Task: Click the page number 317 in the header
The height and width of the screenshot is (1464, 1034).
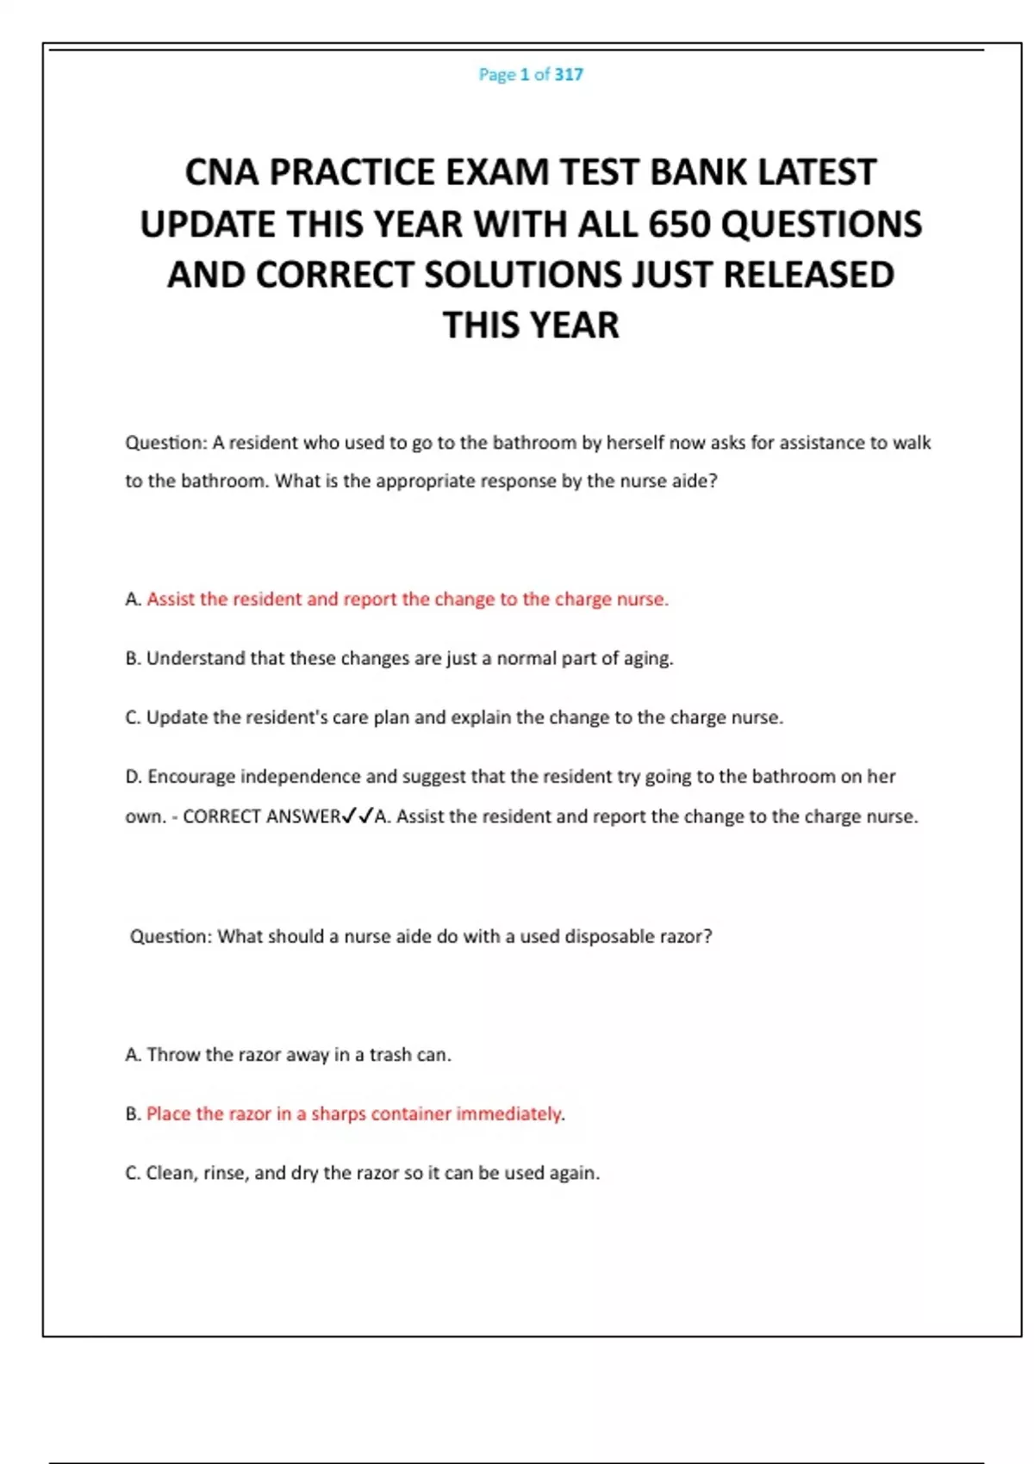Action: coord(569,75)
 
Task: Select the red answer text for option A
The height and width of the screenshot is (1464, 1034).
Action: coord(407,599)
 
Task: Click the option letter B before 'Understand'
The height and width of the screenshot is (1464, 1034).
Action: coord(132,659)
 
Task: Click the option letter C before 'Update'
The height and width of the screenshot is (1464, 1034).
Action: coord(132,718)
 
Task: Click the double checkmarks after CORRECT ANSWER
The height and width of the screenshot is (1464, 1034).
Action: coord(358,816)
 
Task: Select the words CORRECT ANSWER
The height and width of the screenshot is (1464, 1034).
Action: coord(261,816)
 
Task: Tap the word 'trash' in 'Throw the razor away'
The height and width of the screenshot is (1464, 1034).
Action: coord(390,1055)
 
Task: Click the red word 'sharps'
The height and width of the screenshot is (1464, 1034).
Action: coord(338,1114)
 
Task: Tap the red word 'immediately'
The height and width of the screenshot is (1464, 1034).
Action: coord(508,1114)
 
